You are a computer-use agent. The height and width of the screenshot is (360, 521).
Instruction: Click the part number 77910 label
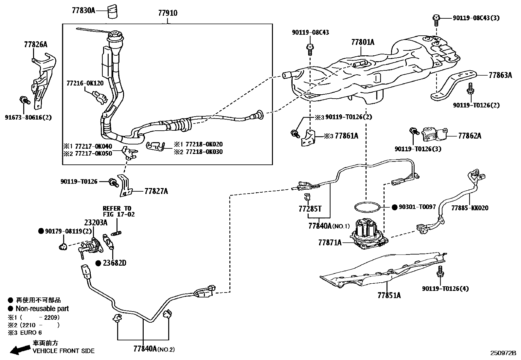(168, 13)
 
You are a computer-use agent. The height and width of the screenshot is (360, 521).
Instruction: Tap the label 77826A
(35, 45)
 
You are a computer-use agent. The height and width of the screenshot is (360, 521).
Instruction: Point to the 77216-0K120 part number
(85, 83)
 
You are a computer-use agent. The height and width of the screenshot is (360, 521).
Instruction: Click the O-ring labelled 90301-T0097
(367, 207)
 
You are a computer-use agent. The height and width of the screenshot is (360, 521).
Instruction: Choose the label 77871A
(330, 242)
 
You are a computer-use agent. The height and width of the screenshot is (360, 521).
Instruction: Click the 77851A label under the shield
(389, 295)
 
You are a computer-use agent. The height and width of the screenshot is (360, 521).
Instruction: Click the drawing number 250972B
(503, 353)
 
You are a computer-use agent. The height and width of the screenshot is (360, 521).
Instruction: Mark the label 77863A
(500, 75)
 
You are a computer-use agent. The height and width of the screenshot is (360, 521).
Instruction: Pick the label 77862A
(470, 136)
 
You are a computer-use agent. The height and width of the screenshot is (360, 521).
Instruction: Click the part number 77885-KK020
(470, 208)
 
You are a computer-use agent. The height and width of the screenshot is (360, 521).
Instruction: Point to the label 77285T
(310, 208)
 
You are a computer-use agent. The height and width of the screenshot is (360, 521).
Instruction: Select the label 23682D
(115, 263)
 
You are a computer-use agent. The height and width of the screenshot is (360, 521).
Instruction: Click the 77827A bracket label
(156, 191)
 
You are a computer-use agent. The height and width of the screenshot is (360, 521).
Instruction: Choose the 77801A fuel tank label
(363, 42)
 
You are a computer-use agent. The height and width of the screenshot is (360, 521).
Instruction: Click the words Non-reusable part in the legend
(42, 309)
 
